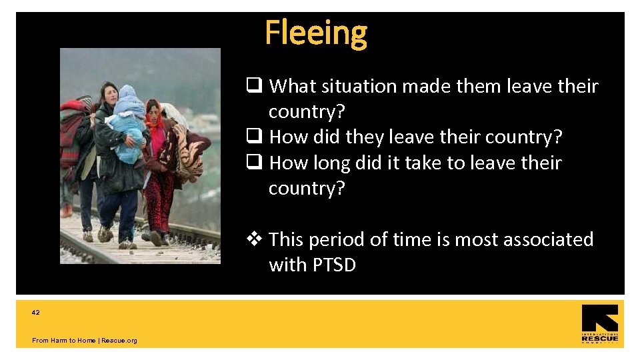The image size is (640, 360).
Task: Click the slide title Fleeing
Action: click(x=315, y=32)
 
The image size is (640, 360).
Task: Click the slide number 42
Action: click(x=36, y=312)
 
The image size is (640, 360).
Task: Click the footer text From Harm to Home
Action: click(x=63, y=341)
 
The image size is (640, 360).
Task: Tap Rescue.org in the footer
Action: click(x=119, y=341)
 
